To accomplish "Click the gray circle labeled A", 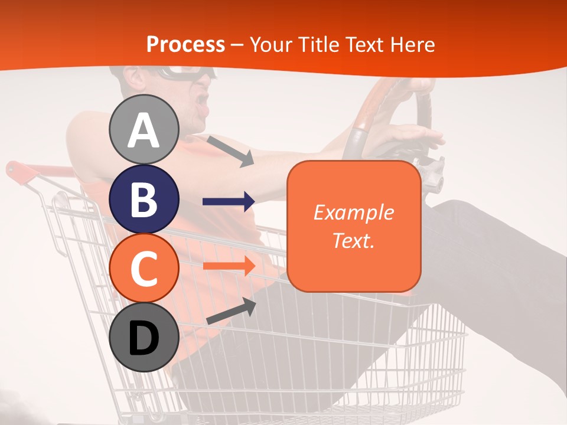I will [144, 129].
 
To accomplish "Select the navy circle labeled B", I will [144, 199].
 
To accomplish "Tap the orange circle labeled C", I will [144, 268].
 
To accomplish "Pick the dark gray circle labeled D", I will [144, 338].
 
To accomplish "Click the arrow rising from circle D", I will [231, 312].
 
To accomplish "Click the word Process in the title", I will [185, 44].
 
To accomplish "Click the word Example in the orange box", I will [353, 212].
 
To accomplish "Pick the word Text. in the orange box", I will [353, 240].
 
